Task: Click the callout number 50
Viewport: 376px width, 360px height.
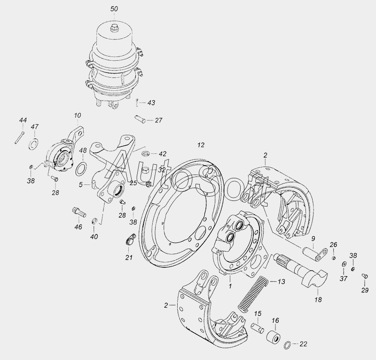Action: click(x=114, y=9)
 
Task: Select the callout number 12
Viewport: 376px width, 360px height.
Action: click(x=201, y=145)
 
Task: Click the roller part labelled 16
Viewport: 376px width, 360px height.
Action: click(x=273, y=336)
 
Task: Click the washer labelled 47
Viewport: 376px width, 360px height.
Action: click(x=33, y=143)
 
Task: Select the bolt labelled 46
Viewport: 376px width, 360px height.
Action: click(x=79, y=213)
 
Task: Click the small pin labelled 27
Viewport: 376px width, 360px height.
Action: click(x=140, y=119)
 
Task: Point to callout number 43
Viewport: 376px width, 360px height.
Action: click(x=151, y=103)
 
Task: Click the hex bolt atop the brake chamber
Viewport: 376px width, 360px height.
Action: click(x=114, y=28)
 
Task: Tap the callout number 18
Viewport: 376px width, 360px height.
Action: click(x=319, y=299)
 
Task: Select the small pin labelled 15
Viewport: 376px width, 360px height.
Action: click(x=258, y=328)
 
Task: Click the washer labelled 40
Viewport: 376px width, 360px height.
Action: click(x=94, y=221)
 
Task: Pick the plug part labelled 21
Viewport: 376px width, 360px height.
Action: click(x=130, y=240)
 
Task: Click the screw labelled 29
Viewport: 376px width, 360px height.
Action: click(x=365, y=276)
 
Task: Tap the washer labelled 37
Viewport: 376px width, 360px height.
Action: click(x=344, y=264)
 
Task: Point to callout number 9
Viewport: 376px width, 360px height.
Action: click(x=313, y=239)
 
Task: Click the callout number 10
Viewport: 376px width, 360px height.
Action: click(x=78, y=115)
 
